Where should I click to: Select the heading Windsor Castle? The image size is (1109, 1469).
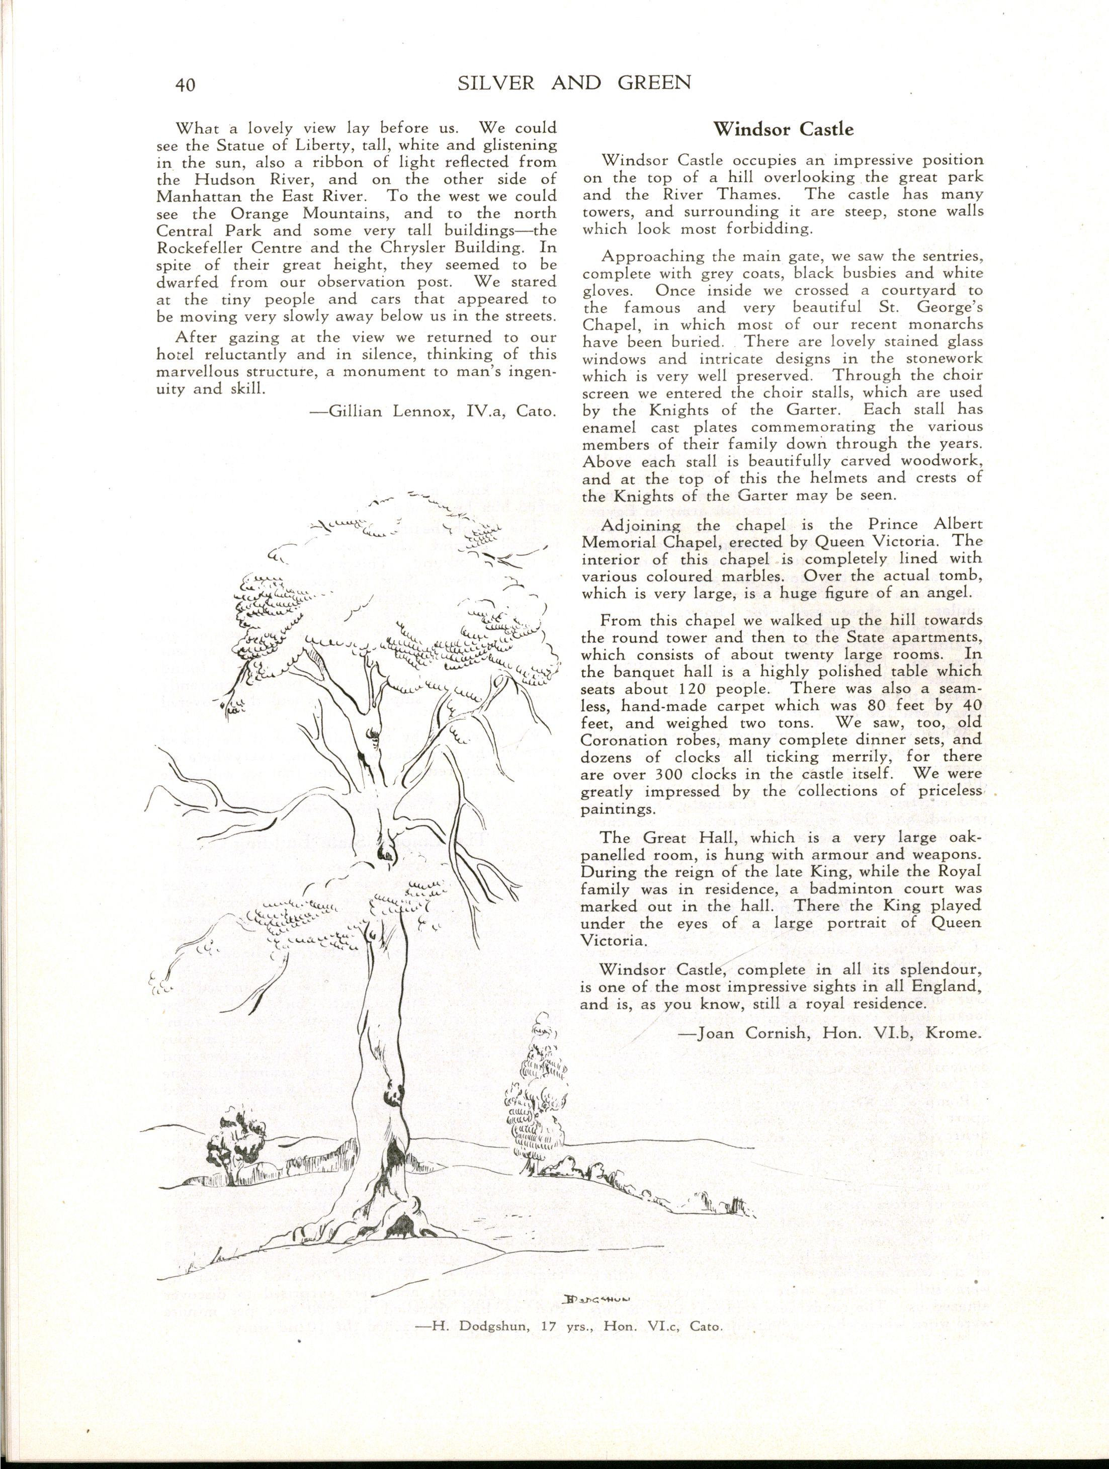click(x=783, y=129)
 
